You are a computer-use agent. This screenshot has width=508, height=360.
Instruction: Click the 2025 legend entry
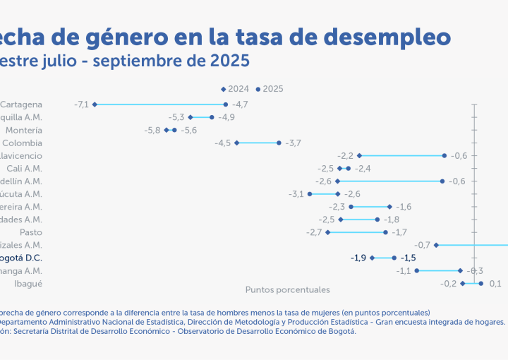tap(270, 89)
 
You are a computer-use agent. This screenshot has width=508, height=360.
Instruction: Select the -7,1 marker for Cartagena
tap(95, 104)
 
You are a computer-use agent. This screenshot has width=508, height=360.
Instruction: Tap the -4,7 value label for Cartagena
tap(240, 104)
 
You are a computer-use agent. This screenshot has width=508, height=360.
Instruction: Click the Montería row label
tap(23, 130)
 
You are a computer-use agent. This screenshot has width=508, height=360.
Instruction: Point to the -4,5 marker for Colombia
tap(237, 143)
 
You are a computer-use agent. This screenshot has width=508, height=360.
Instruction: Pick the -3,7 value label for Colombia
tap(293, 143)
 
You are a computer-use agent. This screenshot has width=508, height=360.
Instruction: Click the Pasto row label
tap(30, 232)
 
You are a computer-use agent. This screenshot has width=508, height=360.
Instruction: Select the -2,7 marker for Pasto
tap(328, 232)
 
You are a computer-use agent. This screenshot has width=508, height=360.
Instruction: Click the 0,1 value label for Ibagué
tap(495, 283)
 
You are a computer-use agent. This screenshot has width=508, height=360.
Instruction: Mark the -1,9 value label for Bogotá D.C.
tap(358, 258)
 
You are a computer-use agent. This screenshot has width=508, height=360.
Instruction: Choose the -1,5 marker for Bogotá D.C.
tap(394, 258)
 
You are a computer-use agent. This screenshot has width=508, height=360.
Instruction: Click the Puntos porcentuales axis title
tap(287, 289)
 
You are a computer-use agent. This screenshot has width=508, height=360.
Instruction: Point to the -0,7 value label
tap(423, 244)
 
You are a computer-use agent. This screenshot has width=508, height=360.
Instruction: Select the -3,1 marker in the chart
tap(310, 193)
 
